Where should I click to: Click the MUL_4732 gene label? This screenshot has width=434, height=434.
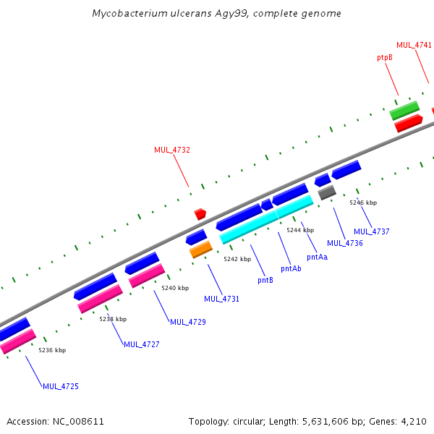(171, 150)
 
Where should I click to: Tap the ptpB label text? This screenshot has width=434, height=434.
(385, 56)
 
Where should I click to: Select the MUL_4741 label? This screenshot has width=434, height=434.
(414, 45)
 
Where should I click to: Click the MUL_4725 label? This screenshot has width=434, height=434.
(60, 386)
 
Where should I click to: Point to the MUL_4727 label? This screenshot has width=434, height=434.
(141, 344)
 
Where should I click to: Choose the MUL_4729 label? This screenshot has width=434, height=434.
(187, 322)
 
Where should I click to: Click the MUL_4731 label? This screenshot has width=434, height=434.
(221, 299)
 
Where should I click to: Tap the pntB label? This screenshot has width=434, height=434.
(265, 280)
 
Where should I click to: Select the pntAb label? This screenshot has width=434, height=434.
(291, 268)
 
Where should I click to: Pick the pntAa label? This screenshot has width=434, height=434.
(317, 257)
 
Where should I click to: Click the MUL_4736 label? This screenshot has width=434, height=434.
(345, 243)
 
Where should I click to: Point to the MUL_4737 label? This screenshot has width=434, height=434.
(371, 231)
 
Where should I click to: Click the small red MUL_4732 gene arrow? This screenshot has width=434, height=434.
(200, 214)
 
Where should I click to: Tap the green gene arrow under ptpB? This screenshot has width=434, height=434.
(404, 111)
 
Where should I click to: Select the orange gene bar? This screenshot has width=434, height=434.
(201, 250)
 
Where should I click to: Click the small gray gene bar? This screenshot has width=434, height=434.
(327, 192)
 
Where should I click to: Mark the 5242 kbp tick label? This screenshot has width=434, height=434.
(237, 259)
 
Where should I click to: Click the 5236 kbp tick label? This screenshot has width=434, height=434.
(52, 350)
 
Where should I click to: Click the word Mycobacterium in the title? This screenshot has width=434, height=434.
(129, 14)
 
